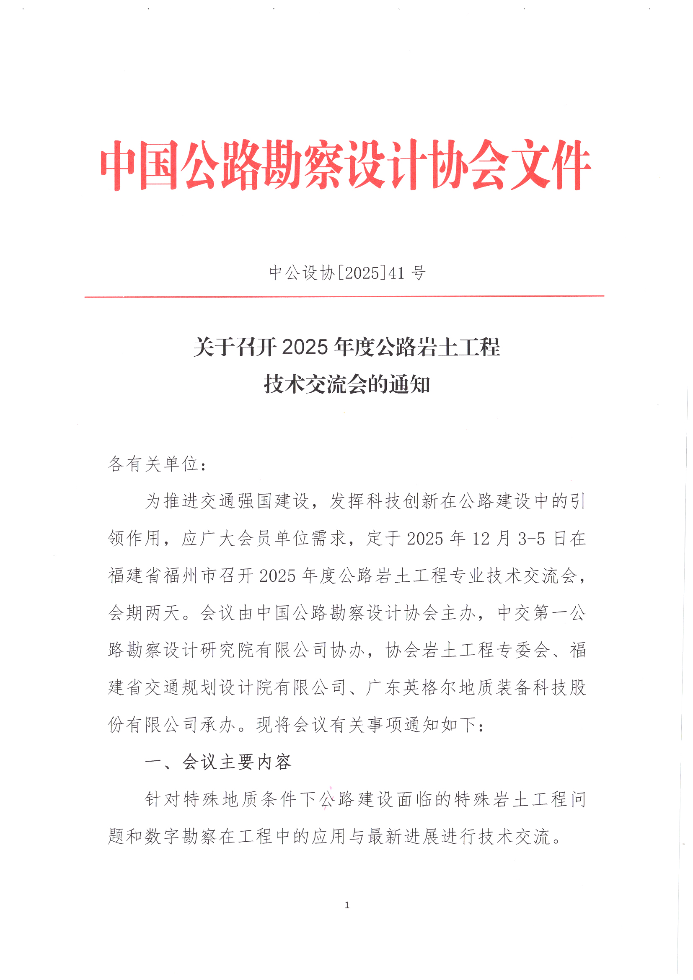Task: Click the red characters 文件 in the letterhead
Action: [551, 165]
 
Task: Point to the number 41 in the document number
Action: [396, 273]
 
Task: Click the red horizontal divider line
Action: [344, 296]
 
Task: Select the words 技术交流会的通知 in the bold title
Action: [347, 384]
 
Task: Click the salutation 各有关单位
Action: [153, 464]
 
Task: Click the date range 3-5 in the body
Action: [532, 539]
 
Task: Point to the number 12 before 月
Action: [481, 539]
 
